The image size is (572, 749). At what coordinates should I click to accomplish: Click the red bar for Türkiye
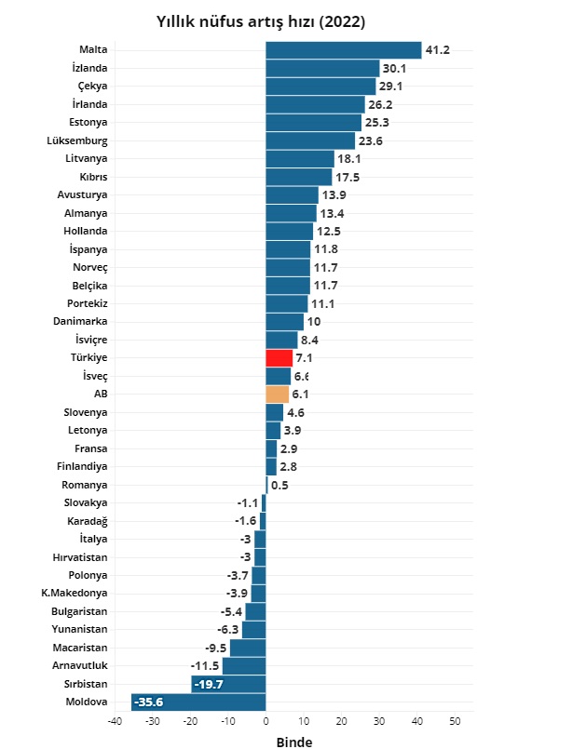click(x=279, y=358)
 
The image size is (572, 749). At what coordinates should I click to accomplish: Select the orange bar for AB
click(x=278, y=395)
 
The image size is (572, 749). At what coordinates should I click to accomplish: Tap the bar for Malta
click(x=343, y=50)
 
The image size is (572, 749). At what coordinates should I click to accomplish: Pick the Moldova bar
click(x=198, y=702)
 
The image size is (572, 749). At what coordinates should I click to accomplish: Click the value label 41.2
click(x=438, y=50)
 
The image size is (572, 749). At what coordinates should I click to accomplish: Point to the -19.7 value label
click(x=209, y=685)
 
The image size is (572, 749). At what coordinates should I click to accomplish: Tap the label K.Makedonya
click(x=75, y=594)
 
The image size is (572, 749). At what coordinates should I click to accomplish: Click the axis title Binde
click(x=294, y=742)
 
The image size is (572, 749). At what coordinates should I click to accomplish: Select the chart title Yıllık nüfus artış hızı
click(x=260, y=20)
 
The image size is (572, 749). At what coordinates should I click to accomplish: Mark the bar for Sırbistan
click(x=229, y=685)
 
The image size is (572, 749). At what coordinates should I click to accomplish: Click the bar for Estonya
click(x=313, y=123)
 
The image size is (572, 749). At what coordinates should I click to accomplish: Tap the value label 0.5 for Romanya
click(x=279, y=485)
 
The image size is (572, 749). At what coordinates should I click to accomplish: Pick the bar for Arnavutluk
click(x=244, y=666)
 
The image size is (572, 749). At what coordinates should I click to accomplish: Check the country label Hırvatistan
click(x=80, y=557)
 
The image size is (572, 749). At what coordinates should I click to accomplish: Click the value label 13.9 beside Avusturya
click(x=333, y=195)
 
